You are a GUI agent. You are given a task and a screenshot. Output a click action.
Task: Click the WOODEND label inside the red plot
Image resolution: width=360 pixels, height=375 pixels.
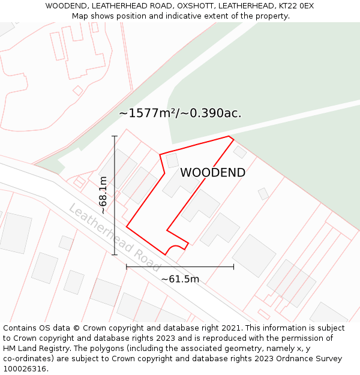[212, 173]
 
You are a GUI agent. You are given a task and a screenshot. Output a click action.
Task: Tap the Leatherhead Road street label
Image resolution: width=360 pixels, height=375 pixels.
[114, 238]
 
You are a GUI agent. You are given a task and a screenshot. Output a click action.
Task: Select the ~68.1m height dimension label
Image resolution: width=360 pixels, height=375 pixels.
[103, 195]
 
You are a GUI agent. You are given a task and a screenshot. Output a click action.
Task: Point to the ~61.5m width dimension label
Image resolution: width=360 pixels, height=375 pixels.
[180, 279]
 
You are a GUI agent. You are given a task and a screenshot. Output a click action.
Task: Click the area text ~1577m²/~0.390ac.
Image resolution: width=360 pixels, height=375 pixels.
[180, 113]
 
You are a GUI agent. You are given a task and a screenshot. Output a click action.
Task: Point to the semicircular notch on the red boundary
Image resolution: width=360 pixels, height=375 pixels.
[175, 248]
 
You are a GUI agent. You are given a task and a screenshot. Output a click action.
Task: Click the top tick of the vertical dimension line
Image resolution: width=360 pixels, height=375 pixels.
[114, 136]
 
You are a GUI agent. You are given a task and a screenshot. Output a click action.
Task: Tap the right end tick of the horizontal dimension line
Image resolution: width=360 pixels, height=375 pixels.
[233, 266]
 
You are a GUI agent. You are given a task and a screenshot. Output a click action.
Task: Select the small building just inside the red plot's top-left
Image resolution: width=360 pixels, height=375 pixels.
[172, 161]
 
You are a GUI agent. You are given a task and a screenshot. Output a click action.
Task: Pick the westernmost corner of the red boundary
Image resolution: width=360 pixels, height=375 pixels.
[127, 227]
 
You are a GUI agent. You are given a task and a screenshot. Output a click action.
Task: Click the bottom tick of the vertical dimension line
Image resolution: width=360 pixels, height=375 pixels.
[114, 255]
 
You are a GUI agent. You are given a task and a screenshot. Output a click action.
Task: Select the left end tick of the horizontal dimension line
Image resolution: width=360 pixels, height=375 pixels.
[127, 266]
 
